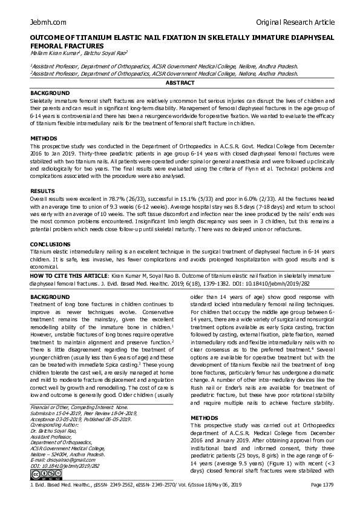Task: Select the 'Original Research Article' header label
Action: click(295, 22)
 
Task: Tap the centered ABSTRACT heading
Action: click(180, 82)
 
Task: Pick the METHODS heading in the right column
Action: click(204, 418)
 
